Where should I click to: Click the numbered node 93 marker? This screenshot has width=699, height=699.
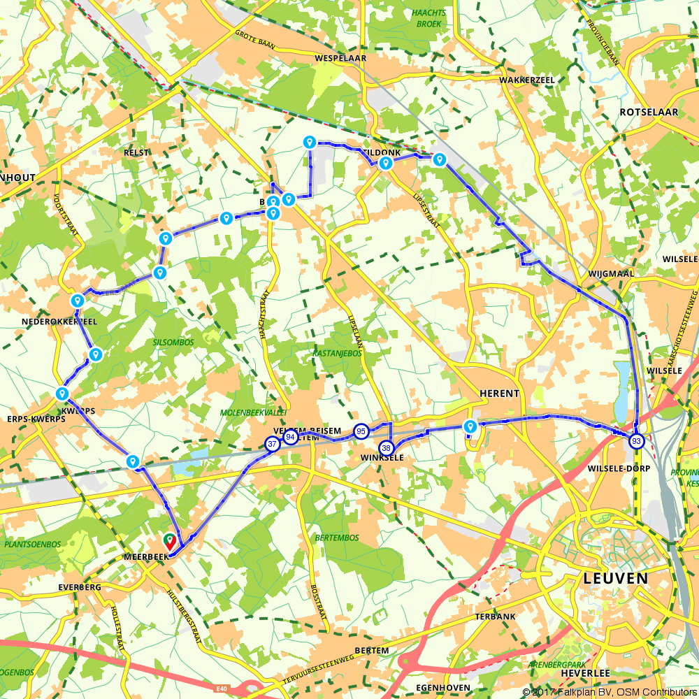pos(636,441)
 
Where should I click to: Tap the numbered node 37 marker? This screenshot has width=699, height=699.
pos(272,444)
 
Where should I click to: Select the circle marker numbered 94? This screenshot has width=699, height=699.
pos(291,438)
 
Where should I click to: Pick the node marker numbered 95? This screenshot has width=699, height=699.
pos(361,431)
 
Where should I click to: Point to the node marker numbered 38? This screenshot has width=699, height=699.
pos(386,447)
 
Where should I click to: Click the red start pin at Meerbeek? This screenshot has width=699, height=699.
pos(169,541)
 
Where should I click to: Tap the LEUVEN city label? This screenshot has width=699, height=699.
pos(615,579)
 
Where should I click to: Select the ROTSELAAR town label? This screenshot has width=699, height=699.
pos(649,112)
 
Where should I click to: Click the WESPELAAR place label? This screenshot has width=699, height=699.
pos(340,58)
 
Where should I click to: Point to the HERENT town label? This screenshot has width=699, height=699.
pos(499,394)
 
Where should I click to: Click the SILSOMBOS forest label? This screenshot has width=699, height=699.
pos(171,343)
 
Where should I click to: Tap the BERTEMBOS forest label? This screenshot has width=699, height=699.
pos(337,538)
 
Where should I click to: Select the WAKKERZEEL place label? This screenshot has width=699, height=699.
pos(527,80)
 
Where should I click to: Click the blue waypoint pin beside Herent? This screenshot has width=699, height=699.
pos(470,426)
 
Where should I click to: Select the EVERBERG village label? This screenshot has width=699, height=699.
pos(80,587)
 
